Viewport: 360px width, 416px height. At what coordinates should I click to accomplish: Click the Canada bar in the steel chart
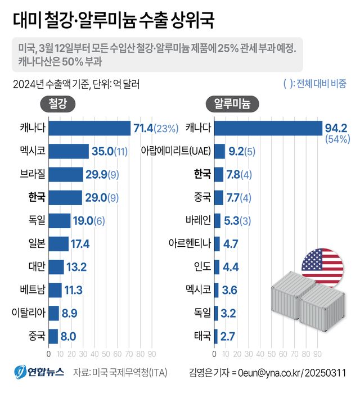click(89, 128)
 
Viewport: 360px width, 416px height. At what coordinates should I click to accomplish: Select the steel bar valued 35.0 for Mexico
click(69, 151)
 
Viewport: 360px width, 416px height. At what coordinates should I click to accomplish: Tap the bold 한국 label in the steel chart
click(37, 197)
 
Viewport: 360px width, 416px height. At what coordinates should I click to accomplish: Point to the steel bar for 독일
click(60, 220)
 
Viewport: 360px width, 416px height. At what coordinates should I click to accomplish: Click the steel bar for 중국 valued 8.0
click(53, 336)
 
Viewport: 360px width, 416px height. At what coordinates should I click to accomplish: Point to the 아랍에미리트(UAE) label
click(176, 151)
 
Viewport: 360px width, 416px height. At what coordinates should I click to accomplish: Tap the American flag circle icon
click(322, 264)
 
